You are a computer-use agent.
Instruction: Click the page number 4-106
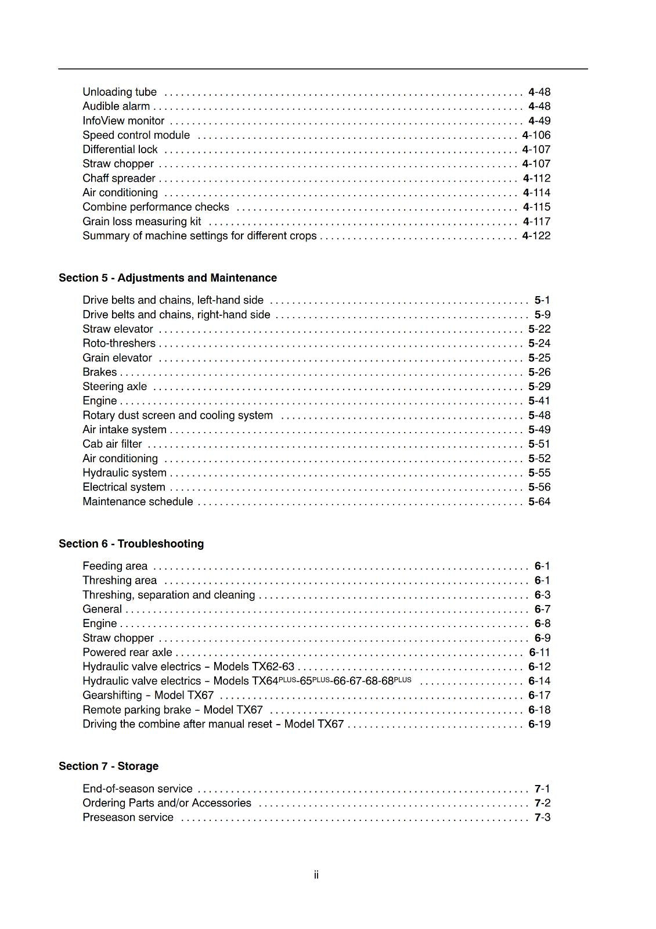coord(536,135)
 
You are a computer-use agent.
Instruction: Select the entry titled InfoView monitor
coord(123,121)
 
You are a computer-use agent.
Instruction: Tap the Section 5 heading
coord(167,278)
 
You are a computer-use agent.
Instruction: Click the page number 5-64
coord(539,502)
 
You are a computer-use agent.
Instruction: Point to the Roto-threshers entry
coord(118,343)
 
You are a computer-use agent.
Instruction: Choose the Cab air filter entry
coord(112,444)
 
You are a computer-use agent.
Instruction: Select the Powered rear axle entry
coord(127,653)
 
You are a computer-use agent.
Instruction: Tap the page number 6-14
coord(539,681)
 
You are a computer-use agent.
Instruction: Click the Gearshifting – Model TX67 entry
coord(147,696)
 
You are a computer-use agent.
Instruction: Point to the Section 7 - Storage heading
coord(108,766)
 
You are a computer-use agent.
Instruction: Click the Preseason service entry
coord(128,818)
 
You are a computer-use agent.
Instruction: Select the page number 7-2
coord(542,803)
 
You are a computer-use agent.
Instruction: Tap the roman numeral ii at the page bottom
coord(316,875)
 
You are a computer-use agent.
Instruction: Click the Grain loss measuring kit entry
coord(142,222)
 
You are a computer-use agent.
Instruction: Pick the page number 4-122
coord(536,236)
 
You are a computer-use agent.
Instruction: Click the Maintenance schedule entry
coord(138,502)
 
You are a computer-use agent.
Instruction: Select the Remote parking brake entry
coord(172,710)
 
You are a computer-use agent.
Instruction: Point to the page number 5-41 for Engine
coord(539,401)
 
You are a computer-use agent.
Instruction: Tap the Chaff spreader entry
coord(118,178)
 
